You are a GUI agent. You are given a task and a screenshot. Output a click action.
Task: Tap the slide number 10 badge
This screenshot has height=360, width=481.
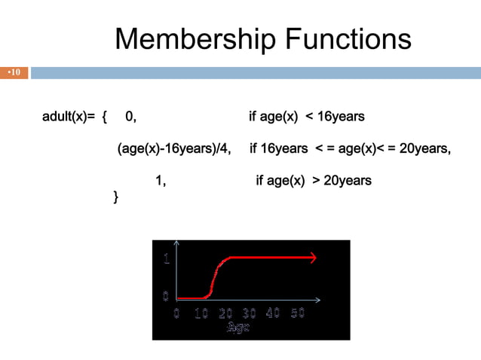14,73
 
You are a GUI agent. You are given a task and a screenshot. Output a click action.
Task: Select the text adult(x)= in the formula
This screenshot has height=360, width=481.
69,117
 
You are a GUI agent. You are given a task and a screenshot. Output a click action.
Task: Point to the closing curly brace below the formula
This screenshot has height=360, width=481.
115,197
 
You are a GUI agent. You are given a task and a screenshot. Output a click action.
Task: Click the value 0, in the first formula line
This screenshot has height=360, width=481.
131,117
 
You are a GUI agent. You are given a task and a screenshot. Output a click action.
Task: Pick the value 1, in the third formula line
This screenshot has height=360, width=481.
161,181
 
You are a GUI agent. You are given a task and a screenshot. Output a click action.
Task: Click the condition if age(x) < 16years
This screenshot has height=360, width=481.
307,117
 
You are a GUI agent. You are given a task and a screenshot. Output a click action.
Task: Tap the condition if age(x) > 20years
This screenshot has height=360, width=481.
314,181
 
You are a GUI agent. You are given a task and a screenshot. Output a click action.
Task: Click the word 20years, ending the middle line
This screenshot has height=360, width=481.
424,148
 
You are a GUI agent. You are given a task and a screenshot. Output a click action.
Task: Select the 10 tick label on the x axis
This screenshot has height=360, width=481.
201,313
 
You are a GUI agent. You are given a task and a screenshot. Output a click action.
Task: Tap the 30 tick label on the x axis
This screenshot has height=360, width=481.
249,313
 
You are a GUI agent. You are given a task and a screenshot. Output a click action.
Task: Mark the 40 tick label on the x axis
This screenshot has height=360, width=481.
273,313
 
